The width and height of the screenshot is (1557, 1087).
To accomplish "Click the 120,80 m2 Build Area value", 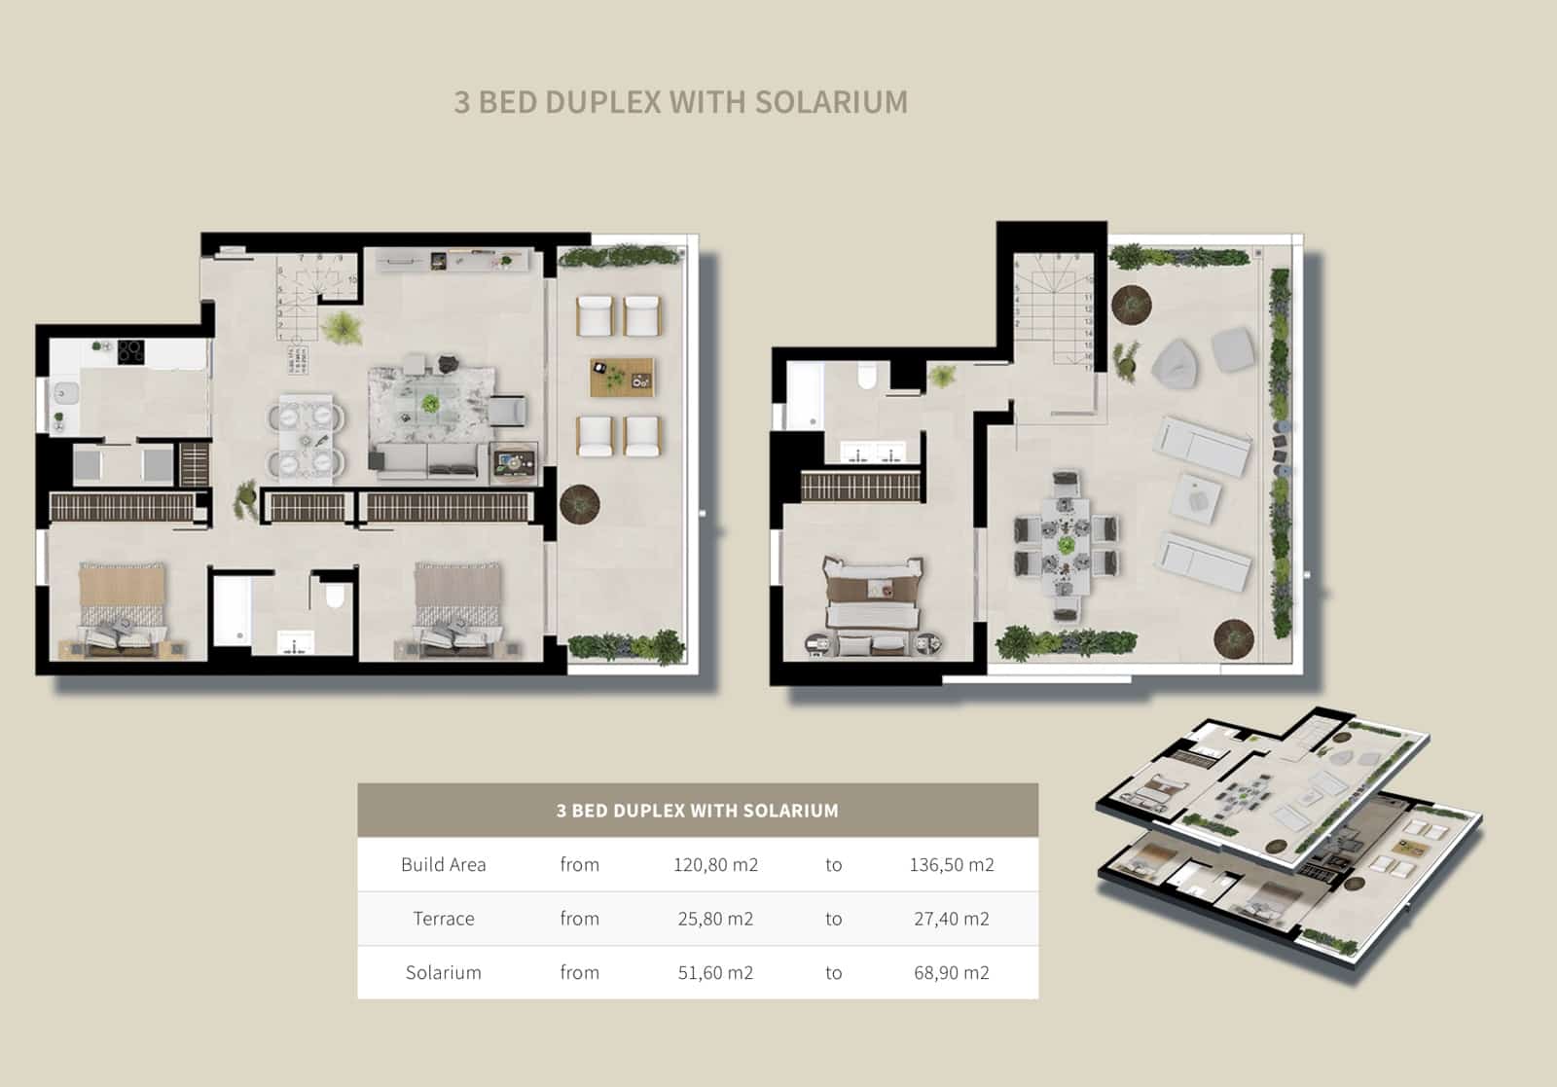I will click(715, 864).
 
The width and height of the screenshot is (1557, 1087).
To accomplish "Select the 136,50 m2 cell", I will click(951, 864).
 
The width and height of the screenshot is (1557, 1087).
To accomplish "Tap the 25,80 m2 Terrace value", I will click(715, 918).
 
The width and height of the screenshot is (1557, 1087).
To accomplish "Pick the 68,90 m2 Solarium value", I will click(951, 972).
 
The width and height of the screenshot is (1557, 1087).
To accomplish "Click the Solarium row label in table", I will click(443, 972).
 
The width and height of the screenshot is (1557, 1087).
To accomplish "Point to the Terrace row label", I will click(443, 918).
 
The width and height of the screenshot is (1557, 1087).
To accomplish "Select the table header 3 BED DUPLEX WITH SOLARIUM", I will click(697, 810).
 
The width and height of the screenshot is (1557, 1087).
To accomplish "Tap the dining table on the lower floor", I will click(307, 436).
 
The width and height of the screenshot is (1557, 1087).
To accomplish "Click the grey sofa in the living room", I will click(426, 460).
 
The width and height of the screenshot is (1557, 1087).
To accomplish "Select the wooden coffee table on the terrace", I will click(621, 378).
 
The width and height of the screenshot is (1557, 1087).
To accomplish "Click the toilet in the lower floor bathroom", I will click(334, 595).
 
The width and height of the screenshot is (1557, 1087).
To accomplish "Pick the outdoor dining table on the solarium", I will click(1067, 545).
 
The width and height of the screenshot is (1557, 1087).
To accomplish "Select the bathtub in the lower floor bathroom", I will click(232, 610).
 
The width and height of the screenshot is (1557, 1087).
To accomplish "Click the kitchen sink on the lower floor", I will click(66, 394).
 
